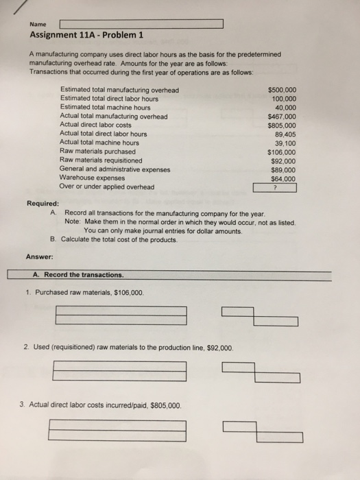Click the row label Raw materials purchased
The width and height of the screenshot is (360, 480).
pyautogui.click(x=97, y=152)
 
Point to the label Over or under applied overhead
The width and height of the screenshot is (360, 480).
pyautogui.click(x=107, y=187)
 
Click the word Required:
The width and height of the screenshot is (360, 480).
pyautogui.click(x=43, y=204)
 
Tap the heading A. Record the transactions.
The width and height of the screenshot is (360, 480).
pyautogui.click(x=78, y=275)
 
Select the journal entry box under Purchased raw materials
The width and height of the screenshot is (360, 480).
pyautogui.click(x=121, y=315)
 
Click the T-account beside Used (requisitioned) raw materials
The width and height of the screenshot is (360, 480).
pyautogui.click(x=261, y=372)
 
